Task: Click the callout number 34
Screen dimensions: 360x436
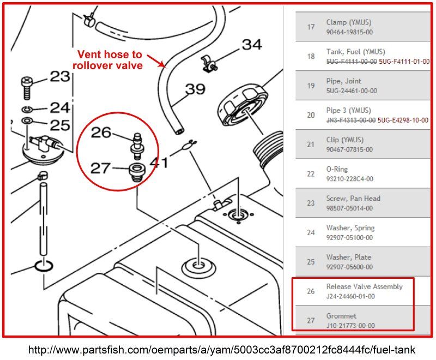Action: pyautogui.click(x=251, y=45)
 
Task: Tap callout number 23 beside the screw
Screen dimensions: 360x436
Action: pyautogui.click(x=59, y=76)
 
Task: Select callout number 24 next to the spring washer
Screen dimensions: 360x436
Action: pyautogui.click(x=59, y=107)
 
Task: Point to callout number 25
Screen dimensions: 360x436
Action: pyautogui.click(x=59, y=125)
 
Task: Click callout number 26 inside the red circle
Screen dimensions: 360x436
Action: pyautogui.click(x=101, y=132)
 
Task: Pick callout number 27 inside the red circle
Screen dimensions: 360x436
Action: pyautogui.click(x=101, y=168)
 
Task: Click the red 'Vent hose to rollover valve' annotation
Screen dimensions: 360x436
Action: pyautogui.click(x=109, y=60)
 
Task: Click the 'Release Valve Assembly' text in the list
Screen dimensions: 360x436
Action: pyautogui.click(x=364, y=286)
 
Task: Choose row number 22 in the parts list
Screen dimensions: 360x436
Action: pyautogui.click(x=311, y=174)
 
